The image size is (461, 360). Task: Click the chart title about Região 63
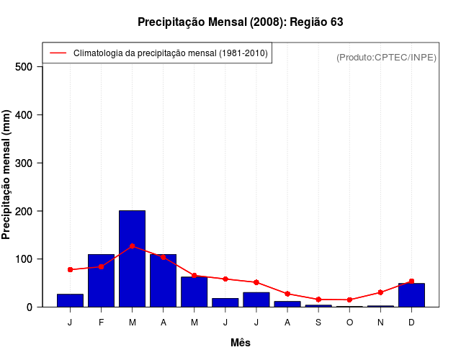241,22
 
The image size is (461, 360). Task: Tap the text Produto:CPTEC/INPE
386,57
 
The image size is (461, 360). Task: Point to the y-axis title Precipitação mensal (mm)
7,175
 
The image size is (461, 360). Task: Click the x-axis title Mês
241,343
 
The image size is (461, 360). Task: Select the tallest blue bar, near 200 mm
133,258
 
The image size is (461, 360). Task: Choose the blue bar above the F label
102,281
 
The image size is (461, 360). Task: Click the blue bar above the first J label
71,300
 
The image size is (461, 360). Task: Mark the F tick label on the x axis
102,322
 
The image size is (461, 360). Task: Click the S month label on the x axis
318,322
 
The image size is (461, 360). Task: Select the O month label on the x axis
349,322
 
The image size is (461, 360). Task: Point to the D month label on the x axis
411,322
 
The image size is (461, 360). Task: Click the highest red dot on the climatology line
133,246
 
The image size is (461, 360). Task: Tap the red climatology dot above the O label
349,300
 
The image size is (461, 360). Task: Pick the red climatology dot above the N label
380,292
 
